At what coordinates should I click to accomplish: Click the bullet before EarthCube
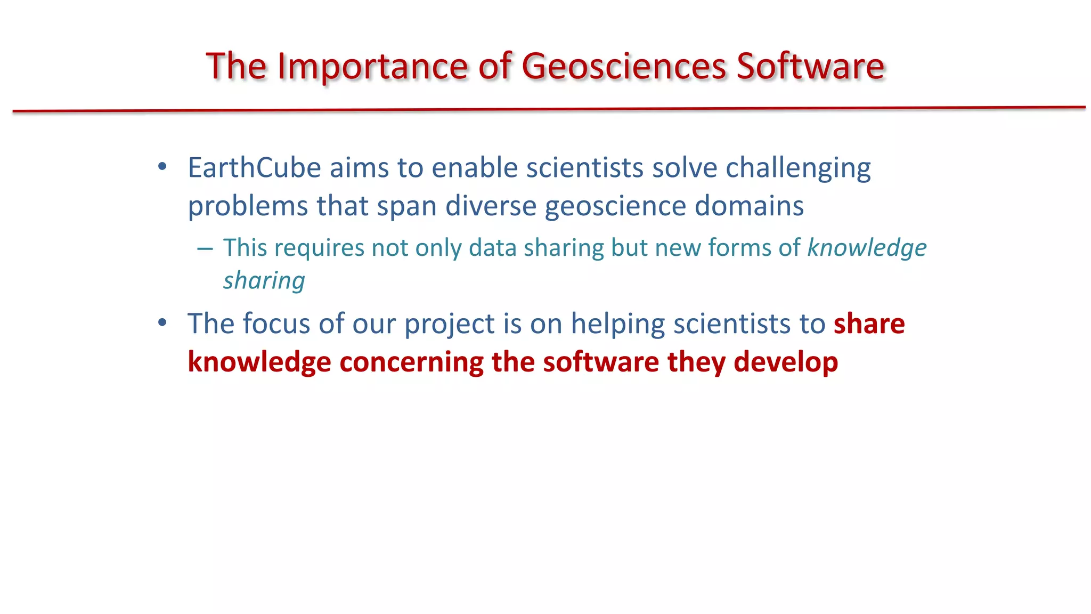point(162,167)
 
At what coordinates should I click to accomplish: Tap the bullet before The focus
point(162,322)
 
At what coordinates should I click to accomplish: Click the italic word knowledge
point(867,248)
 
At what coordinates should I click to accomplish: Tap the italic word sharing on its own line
point(264,281)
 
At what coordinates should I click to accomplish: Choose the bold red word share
point(869,324)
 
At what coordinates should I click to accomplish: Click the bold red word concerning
point(411,362)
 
